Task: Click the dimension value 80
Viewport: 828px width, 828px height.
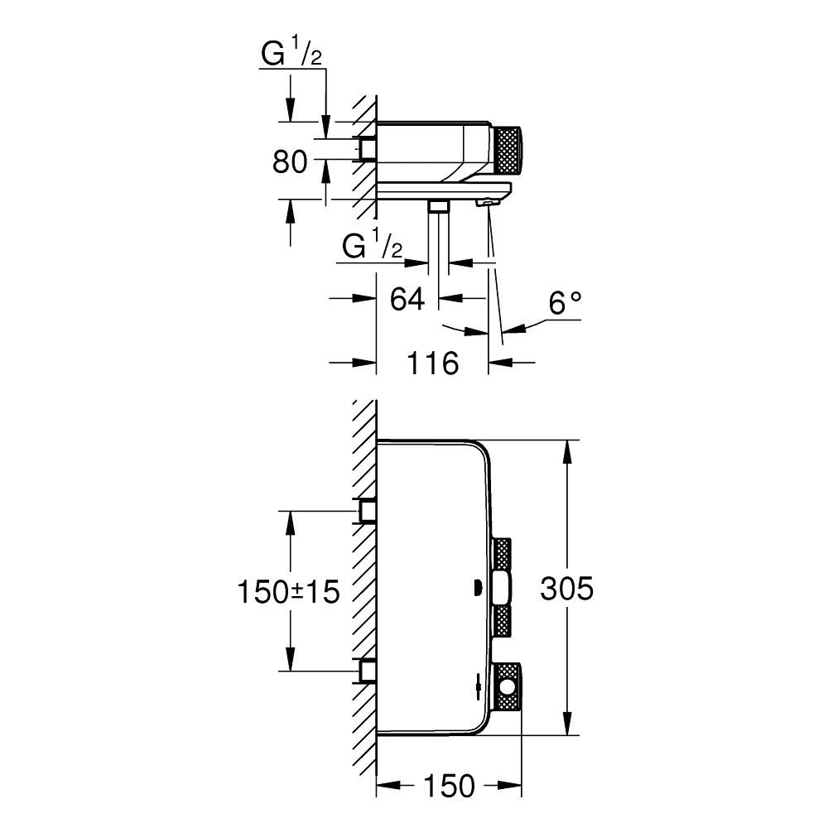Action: (290, 162)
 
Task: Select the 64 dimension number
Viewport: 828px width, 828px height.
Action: (407, 299)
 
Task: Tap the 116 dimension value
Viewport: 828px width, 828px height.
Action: (433, 363)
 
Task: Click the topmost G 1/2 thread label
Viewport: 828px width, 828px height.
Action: (291, 55)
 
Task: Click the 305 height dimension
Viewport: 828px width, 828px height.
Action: (566, 590)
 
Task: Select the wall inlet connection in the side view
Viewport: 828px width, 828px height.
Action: (366, 148)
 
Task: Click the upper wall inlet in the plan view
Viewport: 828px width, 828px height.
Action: (367, 511)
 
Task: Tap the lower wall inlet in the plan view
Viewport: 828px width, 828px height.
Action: (367, 671)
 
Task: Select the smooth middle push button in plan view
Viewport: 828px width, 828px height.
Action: (502, 590)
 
